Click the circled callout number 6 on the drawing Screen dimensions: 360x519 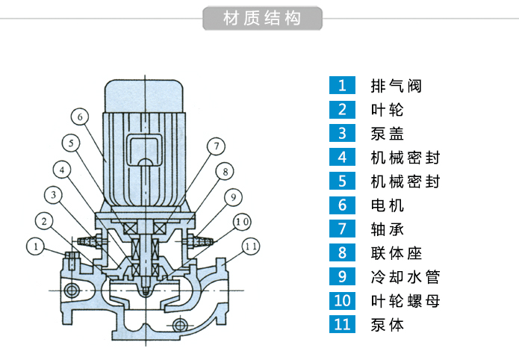tap(81, 117)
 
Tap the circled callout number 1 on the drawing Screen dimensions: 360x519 tap(34, 245)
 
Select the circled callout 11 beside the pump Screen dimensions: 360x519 tap(251, 245)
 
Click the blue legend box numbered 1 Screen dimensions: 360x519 tap(342, 85)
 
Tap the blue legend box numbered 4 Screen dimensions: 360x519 tap(342, 157)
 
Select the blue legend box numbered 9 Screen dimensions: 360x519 tap(342, 277)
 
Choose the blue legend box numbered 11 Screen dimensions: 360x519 tap(342, 325)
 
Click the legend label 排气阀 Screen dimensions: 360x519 tap(397, 85)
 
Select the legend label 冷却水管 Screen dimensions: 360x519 tap(405, 277)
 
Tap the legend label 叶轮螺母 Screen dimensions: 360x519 tap(405, 301)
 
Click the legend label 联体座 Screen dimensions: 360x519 tap(397, 253)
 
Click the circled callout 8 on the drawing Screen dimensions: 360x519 tap(224, 172)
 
